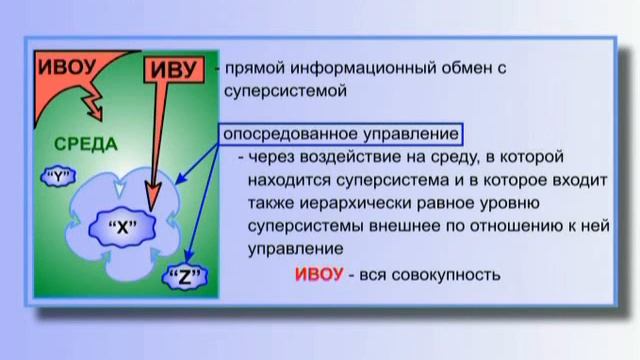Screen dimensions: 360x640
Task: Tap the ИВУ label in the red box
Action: [x=171, y=70]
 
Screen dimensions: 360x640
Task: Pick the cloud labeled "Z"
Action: [x=185, y=275]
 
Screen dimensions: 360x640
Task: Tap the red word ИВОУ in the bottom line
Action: [x=318, y=275]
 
